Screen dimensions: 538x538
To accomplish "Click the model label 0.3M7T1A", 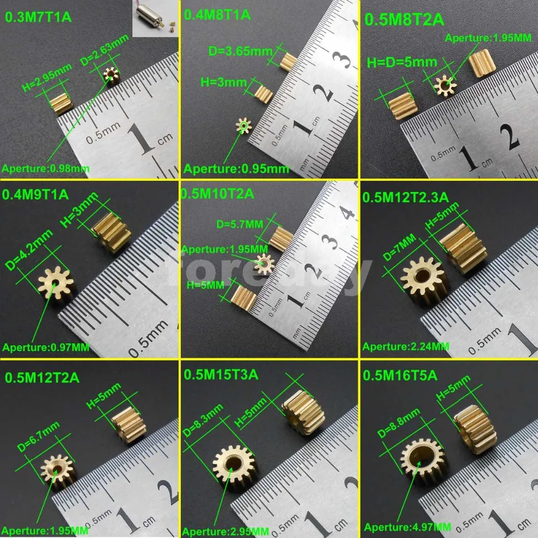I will pos(38,16).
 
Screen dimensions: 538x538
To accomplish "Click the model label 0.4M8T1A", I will pos(217,15).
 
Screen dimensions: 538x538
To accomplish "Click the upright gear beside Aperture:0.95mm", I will pos(244,127).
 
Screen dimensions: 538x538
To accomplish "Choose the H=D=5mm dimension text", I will pos(402,62).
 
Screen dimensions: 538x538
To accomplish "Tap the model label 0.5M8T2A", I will pos(405,20).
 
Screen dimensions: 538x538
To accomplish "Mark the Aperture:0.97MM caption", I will pos(46,347).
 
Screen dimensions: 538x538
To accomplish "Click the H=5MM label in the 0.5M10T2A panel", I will pos(205,285).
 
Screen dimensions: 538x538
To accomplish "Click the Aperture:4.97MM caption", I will pos(408,527).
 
